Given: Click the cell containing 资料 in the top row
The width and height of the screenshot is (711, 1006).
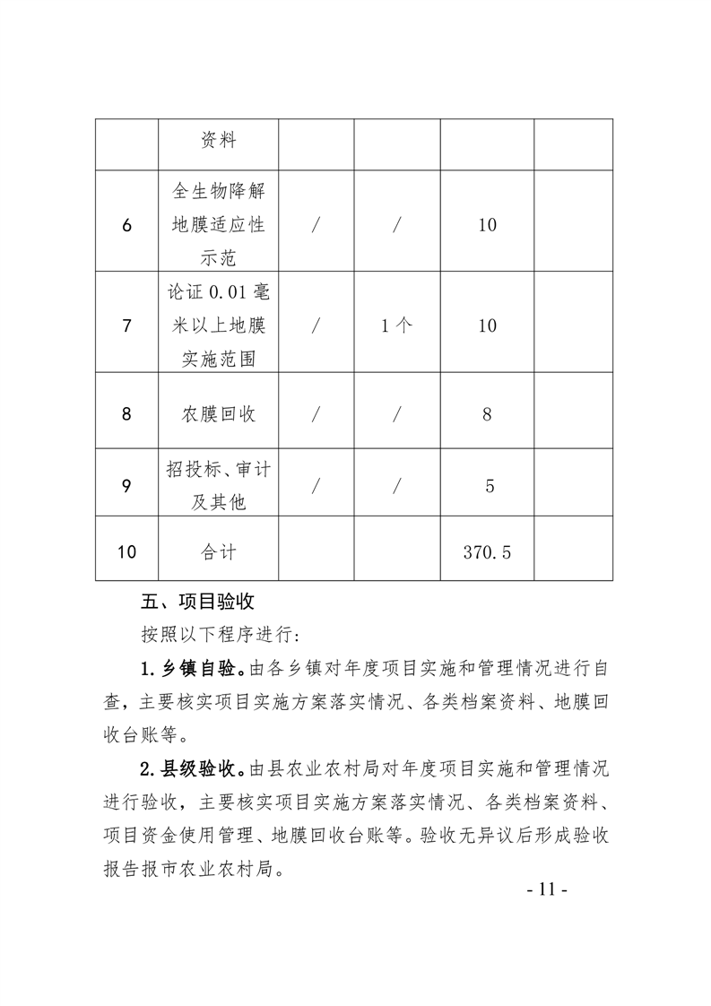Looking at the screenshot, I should pyautogui.click(x=218, y=142).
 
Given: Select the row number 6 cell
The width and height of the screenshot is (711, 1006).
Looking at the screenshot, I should pyautogui.click(x=126, y=225).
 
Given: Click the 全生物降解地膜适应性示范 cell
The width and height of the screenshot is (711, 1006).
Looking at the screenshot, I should pyautogui.click(x=218, y=225).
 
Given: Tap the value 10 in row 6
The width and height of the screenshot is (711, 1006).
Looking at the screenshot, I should pyautogui.click(x=487, y=225).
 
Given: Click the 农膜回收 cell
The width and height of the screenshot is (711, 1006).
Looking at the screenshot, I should pyautogui.click(x=218, y=414).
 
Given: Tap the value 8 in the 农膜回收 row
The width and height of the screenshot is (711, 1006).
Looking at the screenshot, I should pyautogui.click(x=487, y=414).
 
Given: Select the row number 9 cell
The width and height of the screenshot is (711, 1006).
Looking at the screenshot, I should pyautogui.click(x=126, y=486).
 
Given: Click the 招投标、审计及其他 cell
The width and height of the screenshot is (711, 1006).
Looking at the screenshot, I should pyautogui.click(x=218, y=486).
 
